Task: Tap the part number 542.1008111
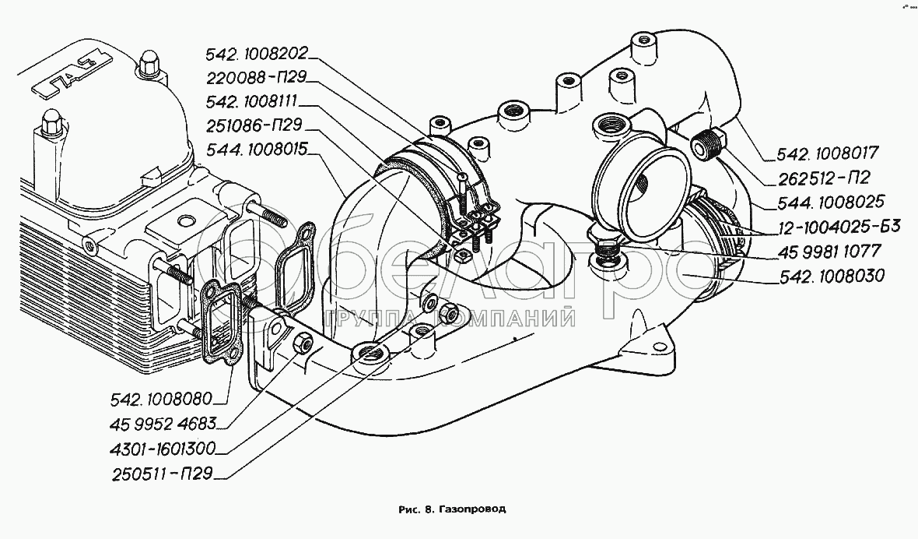pyautogui.click(x=257, y=102)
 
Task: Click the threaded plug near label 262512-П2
pyautogui.click(x=706, y=143)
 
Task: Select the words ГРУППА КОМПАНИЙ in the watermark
pyautogui.click(x=450, y=318)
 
